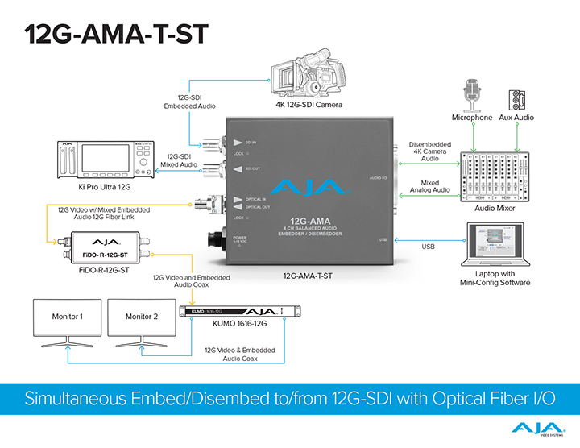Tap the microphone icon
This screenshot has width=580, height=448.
473,94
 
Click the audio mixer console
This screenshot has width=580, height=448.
496,176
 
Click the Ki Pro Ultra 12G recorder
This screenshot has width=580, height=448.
104,161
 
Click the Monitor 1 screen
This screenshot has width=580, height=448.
68,318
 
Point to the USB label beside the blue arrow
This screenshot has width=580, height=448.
427,247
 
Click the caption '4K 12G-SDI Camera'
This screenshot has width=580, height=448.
309,105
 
